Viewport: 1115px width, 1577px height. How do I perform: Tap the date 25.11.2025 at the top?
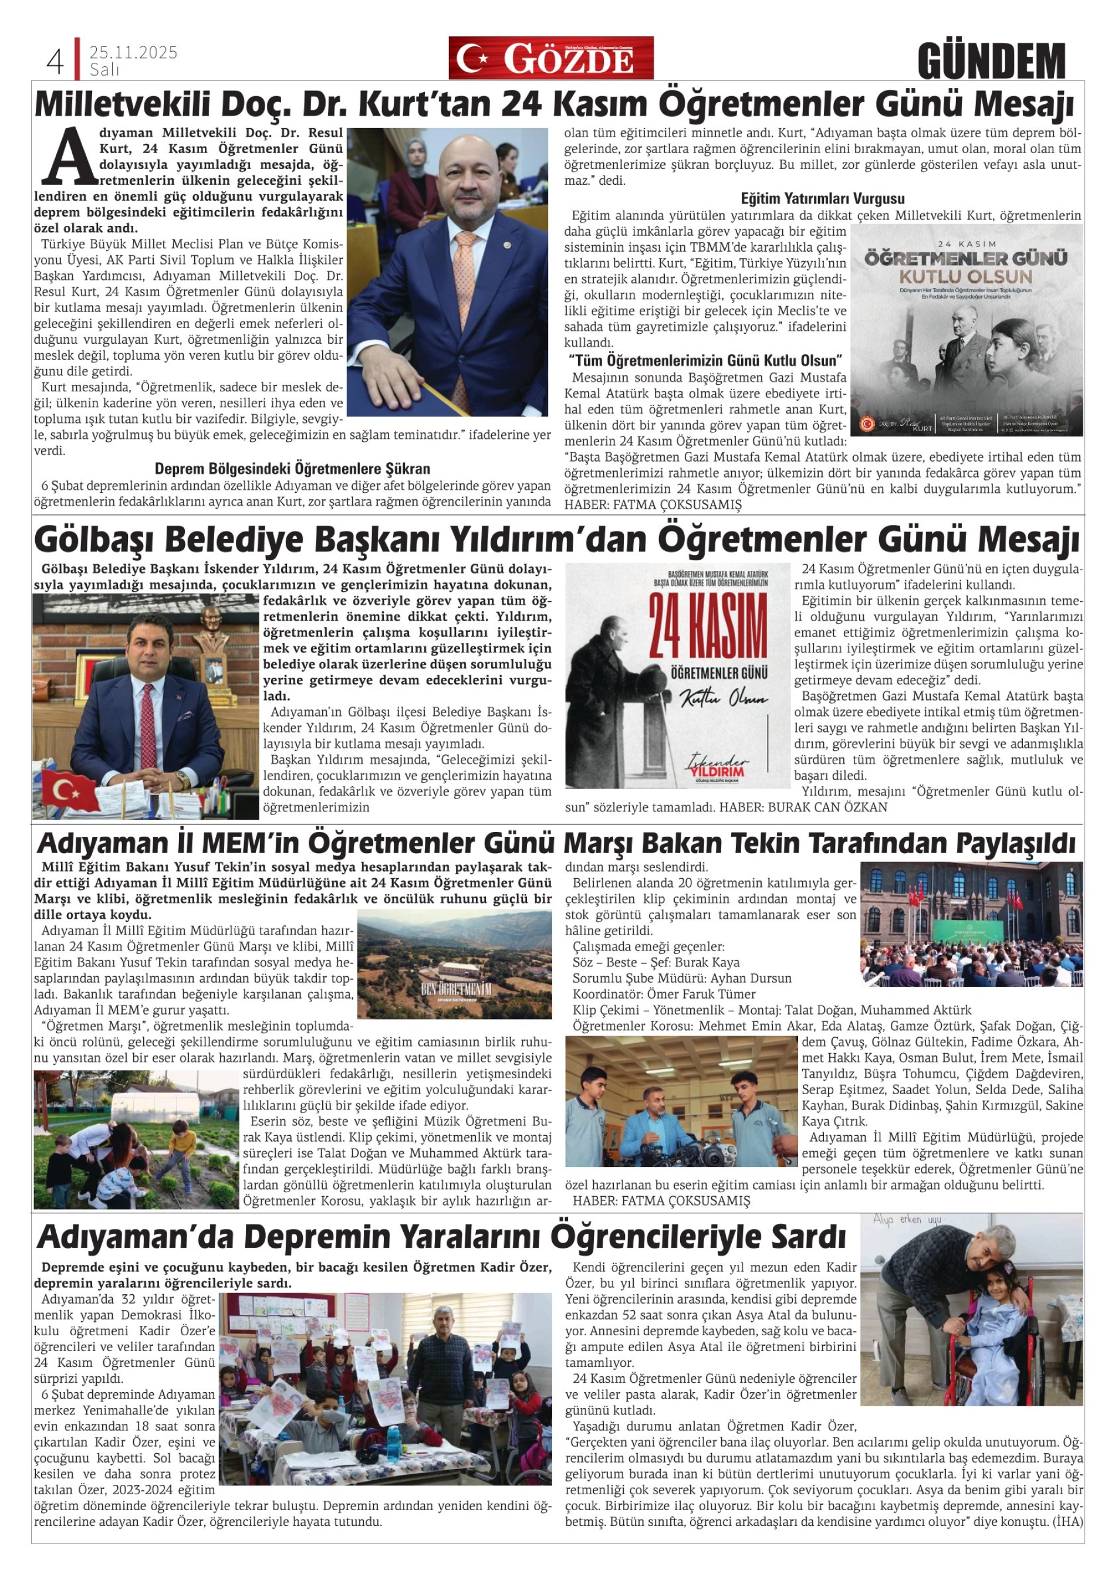coord(133,52)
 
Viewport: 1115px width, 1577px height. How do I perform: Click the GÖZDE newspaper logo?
coord(551,59)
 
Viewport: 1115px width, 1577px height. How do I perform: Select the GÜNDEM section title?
coord(991,62)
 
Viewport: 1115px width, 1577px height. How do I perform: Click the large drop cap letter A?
coord(68,157)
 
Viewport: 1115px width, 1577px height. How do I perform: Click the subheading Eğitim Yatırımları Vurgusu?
coord(822,199)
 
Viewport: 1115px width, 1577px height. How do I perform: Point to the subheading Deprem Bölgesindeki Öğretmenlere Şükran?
coord(292,469)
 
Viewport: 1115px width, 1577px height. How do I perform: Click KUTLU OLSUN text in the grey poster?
coord(967,277)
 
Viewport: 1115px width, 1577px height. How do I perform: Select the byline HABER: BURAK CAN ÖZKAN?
coord(803,807)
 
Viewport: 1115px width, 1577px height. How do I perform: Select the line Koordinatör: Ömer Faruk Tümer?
coord(664,994)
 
